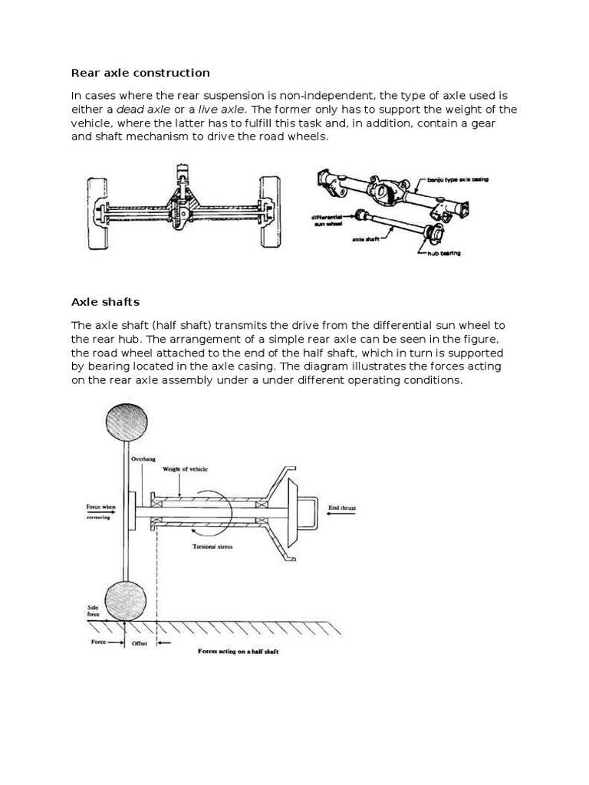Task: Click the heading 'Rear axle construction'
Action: click(x=140, y=73)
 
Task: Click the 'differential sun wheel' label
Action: click(x=331, y=220)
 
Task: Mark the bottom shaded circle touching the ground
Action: click(x=125, y=600)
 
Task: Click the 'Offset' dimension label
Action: click(x=138, y=642)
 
